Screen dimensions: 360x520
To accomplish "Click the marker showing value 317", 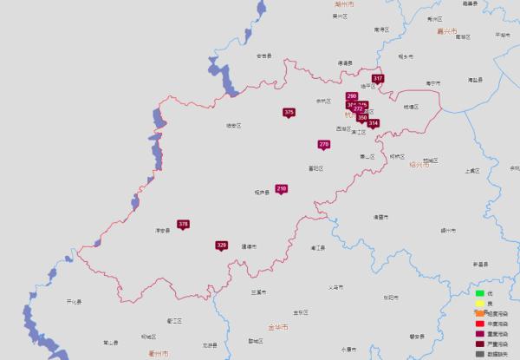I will click(378, 79).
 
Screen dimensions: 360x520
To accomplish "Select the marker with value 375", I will click(289, 113).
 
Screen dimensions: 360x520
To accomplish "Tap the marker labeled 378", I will click(183, 225).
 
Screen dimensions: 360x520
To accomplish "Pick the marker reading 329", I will click(221, 245).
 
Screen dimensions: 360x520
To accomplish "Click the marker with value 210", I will click(282, 189).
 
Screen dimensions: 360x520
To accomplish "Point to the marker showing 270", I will click(324, 144).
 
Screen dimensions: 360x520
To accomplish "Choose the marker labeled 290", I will click(351, 96).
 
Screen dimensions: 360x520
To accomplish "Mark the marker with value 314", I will click(374, 123).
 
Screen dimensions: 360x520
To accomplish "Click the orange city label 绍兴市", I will click(419, 164).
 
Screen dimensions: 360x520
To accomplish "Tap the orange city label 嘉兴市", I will click(446, 31).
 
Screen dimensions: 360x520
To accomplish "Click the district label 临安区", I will click(233, 126).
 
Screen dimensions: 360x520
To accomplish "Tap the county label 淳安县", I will click(162, 231).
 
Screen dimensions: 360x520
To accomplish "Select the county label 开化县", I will click(74, 302).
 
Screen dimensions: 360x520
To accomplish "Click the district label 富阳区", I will click(315, 167).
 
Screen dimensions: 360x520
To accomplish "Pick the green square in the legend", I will click(478, 294).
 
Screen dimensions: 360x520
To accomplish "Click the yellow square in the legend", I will click(478, 304).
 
